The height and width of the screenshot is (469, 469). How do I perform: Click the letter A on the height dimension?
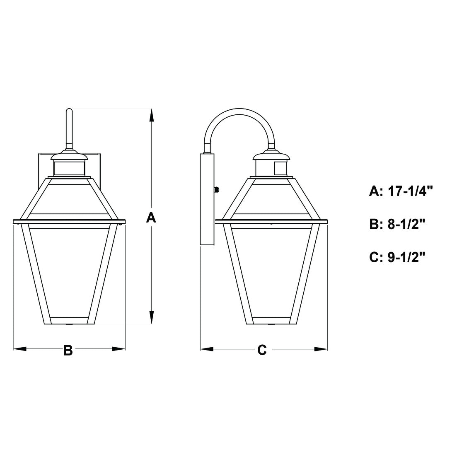pyautogui.click(x=151, y=217)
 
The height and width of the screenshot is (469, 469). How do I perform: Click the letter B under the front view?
pyautogui.click(x=68, y=350)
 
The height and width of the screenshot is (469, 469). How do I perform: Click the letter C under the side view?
pyautogui.click(x=262, y=350)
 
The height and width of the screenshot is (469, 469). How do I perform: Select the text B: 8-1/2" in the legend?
pyautogui.click(x=398, y=224)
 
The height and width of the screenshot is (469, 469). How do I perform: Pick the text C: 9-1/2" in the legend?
pyautogui.click(x=398, y=257)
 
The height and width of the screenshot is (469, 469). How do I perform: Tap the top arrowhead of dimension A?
pyautogui.click(x=152, y=114)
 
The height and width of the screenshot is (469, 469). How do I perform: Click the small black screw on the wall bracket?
pyautogui.click(x=216, y=190)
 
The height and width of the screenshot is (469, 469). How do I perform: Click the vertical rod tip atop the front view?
pyautogui.click(x=69, y=112)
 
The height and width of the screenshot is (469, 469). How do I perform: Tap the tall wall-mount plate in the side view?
pyautogui.click(x=207, y=199)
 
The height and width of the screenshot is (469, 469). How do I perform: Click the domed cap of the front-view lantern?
pyautogui.click(x=69, y=155)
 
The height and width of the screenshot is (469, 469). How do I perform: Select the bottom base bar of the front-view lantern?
pyautogui.click(x=69, y=321)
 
